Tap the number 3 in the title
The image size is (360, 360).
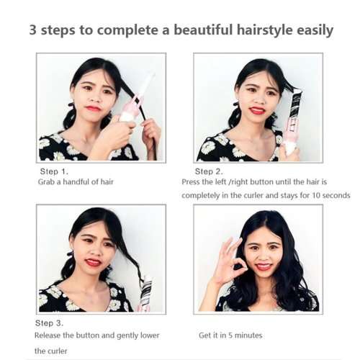coord(33,30)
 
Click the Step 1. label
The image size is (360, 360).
coord(54,171)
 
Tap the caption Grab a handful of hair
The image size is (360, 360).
coord(76,182)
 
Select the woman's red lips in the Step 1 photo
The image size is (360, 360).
coord(93,108)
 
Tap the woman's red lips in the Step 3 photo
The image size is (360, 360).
coord(93,262)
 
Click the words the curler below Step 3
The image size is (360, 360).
coord(50,351)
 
